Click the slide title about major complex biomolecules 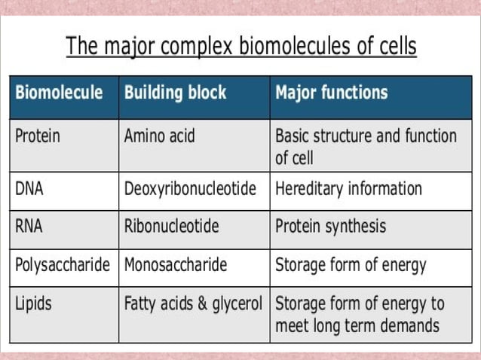click(x=241, y=46)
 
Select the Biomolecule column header click(x=59, y=93)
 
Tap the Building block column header click(x=175, y=93)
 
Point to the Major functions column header click(x=332, y=93)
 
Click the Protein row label click(x=38, y=136)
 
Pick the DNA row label click(x=29, y=188)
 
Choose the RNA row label click(x=29, y=226)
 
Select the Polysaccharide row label click(x=63, y=265)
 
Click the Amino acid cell click(x=159, y=136)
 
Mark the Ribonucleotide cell click(x=171, y=226)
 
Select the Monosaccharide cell click(x=176, y=265)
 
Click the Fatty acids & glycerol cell click(x=193, y=304)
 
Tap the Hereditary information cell click(x=348, y=188)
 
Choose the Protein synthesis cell click(x=330, y=226)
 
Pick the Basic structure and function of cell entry click(x=366, y=147)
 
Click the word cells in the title click(x=395, y=46)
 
